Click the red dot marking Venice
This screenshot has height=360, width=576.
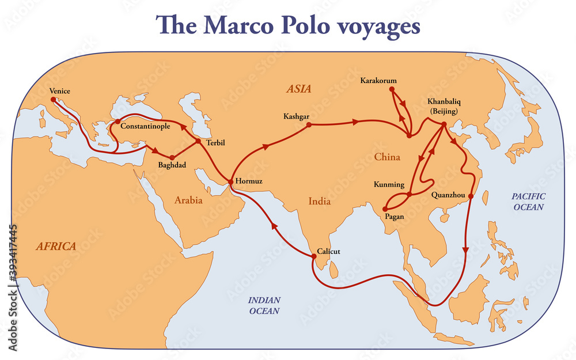54,99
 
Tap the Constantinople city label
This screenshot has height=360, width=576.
145,126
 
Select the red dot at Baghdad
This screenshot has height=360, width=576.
172,157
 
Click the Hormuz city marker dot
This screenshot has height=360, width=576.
230,182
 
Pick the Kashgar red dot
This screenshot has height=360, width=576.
309,124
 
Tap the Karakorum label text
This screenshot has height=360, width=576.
378,81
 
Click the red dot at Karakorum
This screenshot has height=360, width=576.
392,89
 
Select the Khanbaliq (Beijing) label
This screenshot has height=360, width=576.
443,105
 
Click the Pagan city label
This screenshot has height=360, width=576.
395,217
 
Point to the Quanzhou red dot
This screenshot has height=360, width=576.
471,196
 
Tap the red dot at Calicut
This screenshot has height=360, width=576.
312,257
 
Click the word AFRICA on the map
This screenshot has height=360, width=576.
56,247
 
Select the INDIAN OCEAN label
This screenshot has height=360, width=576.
264,305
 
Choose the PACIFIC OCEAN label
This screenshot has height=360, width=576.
528,202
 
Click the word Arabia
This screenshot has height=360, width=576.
188,200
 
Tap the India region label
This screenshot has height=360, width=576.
319,202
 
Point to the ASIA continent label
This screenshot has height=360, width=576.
298,89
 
